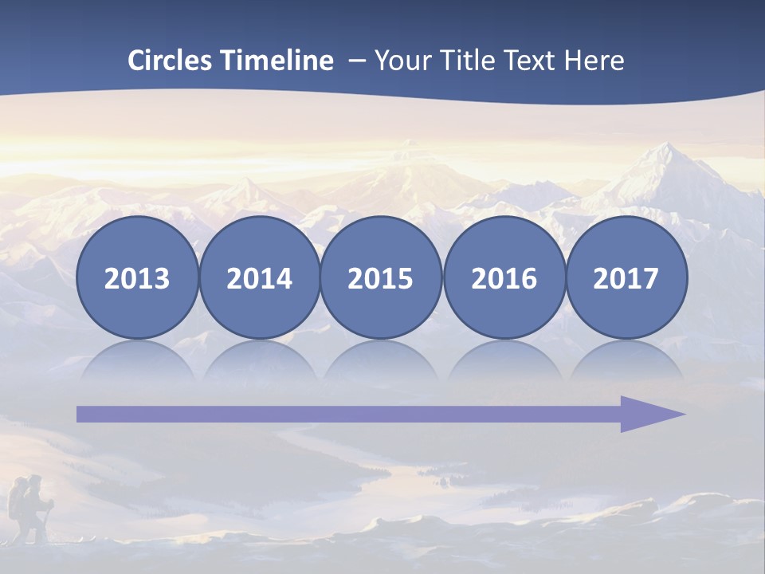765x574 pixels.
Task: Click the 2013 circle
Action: (x=137, y=277)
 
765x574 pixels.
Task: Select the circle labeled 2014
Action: (x=259, y=277)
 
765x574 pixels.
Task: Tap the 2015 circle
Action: (x=381, y=277)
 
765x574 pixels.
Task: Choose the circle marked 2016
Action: (x=504, y=277)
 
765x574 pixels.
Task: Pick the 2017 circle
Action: (x=626, y=277)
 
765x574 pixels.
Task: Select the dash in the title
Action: (x=356, y=61)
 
